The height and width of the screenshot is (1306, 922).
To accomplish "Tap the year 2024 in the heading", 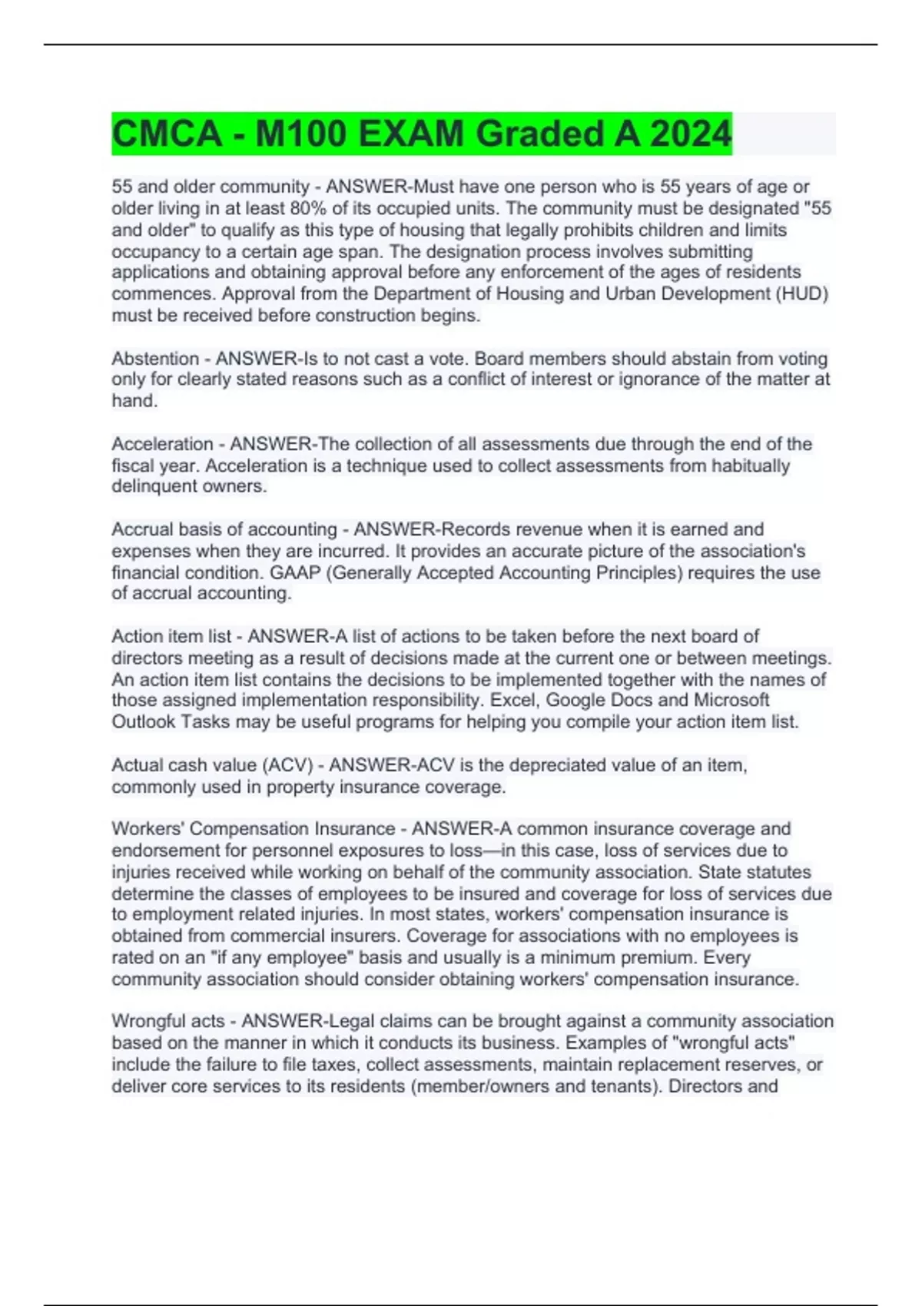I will (691, 134).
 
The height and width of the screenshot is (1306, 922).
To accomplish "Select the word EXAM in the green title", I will (411, 134).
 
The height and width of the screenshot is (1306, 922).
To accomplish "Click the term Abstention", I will (155, 358).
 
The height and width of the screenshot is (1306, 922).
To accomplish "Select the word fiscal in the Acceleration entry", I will (132, 466).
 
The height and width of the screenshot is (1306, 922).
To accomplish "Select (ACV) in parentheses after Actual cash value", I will (287, 765).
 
